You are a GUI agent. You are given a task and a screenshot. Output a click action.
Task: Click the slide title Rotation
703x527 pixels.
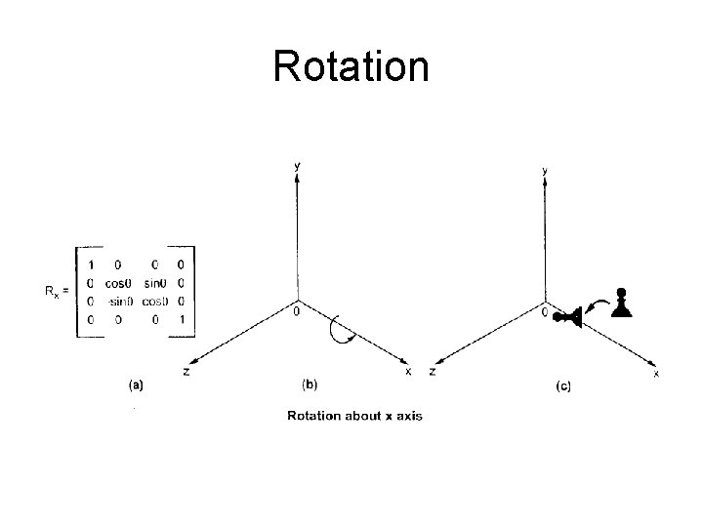point(351,66)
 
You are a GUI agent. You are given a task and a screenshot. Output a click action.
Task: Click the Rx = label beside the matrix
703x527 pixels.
point(55,291)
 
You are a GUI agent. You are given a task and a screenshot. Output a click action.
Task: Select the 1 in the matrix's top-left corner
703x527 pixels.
point(91,263)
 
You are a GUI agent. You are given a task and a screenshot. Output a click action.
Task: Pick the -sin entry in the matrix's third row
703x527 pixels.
point(121,301)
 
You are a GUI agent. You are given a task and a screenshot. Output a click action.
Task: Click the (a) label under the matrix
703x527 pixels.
point(136,385)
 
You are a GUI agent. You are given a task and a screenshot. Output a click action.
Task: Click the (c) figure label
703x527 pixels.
point(563,386)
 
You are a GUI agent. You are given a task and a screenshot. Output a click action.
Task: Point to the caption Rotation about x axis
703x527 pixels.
point(353,417)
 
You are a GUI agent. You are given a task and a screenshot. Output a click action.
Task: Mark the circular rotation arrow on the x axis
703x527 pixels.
point(344,329)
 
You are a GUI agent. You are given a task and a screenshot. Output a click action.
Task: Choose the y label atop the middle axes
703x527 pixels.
point(298,166)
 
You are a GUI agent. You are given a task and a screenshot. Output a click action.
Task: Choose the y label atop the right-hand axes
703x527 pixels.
point(545,171)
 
